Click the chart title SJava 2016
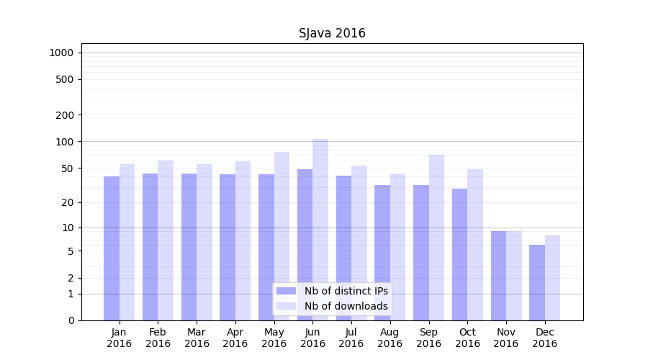tap(332, 34)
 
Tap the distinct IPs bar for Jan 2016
tap(112, 248)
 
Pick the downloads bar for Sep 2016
tap(436, 238)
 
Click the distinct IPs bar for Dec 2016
tap(537, 282)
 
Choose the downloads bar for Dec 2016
tap(552, 278)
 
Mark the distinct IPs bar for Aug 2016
tap(382, 253)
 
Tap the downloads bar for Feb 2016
tap(166, 240)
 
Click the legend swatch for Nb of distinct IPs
tap(286, 291)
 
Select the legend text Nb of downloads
tap(346, 306)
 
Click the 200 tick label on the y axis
tap(65, 115)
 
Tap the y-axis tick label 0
tap(71, 320)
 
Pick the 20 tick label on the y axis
tap(68, 202)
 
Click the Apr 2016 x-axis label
tap(235, 338)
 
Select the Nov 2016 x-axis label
tap(506, 338)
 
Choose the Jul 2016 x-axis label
tap(351, 338)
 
